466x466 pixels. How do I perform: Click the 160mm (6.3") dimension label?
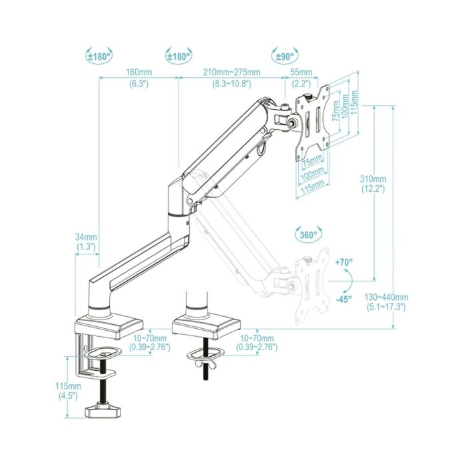138,77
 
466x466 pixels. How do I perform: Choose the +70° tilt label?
344,262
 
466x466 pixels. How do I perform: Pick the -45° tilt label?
344,299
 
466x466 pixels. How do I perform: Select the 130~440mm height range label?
386,302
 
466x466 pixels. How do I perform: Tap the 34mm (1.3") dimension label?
86,242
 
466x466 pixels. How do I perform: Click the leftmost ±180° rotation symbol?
100,57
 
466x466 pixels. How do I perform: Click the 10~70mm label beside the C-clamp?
150,343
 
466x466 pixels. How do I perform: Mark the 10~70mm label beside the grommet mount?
258,343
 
